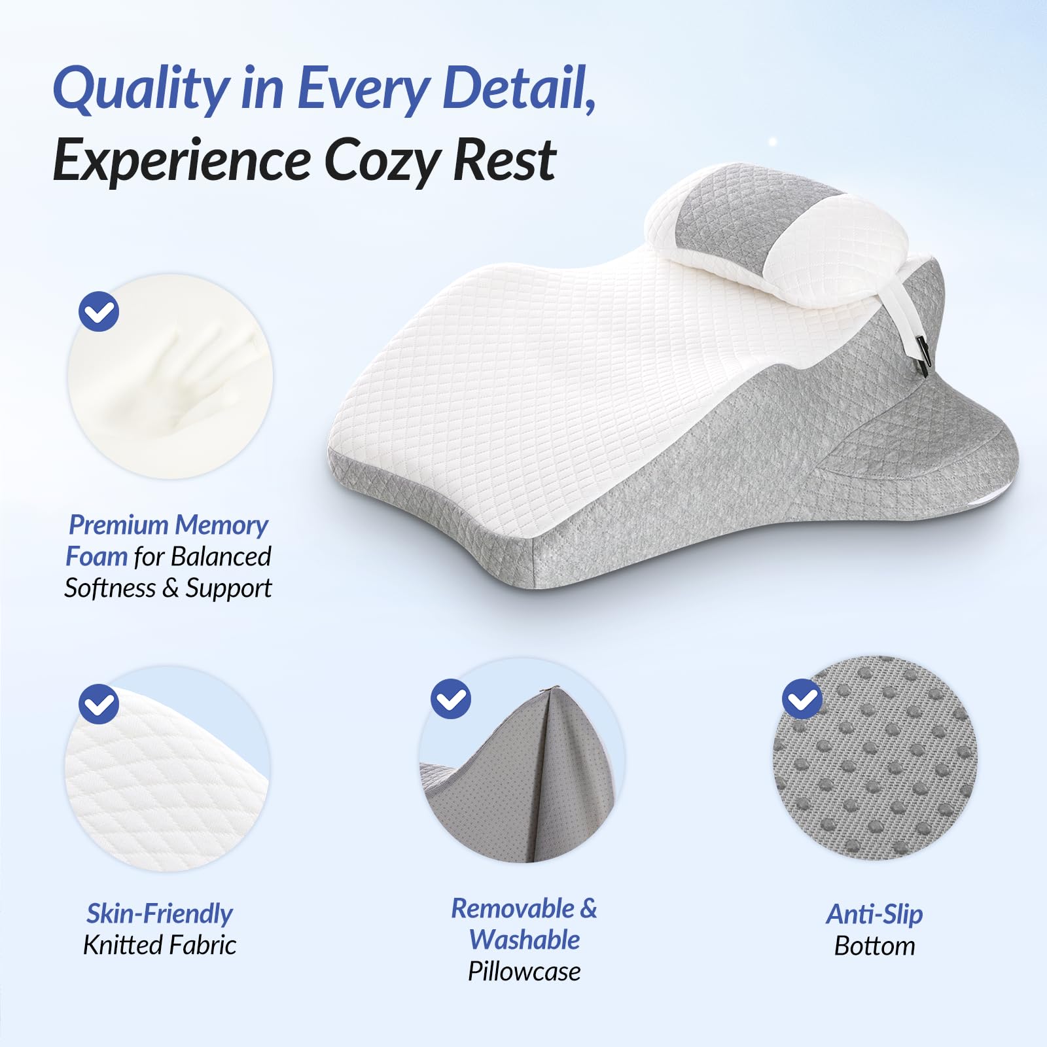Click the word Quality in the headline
tap(141, 90)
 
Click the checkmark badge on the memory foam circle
tap(99, 312)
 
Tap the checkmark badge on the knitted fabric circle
tap(99, 704)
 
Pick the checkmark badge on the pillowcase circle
tap(451, 699)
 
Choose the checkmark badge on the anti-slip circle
tap(802, 699)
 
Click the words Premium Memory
tap(168, 525)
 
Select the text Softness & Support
tap(168, 588)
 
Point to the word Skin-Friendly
tap(160, 914)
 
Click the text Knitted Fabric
tap(160, 945)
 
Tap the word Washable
tap(524, 940)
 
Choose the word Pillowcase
tap(524, 971)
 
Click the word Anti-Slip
tap(874, 914)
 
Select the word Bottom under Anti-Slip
tap(874, 946)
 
